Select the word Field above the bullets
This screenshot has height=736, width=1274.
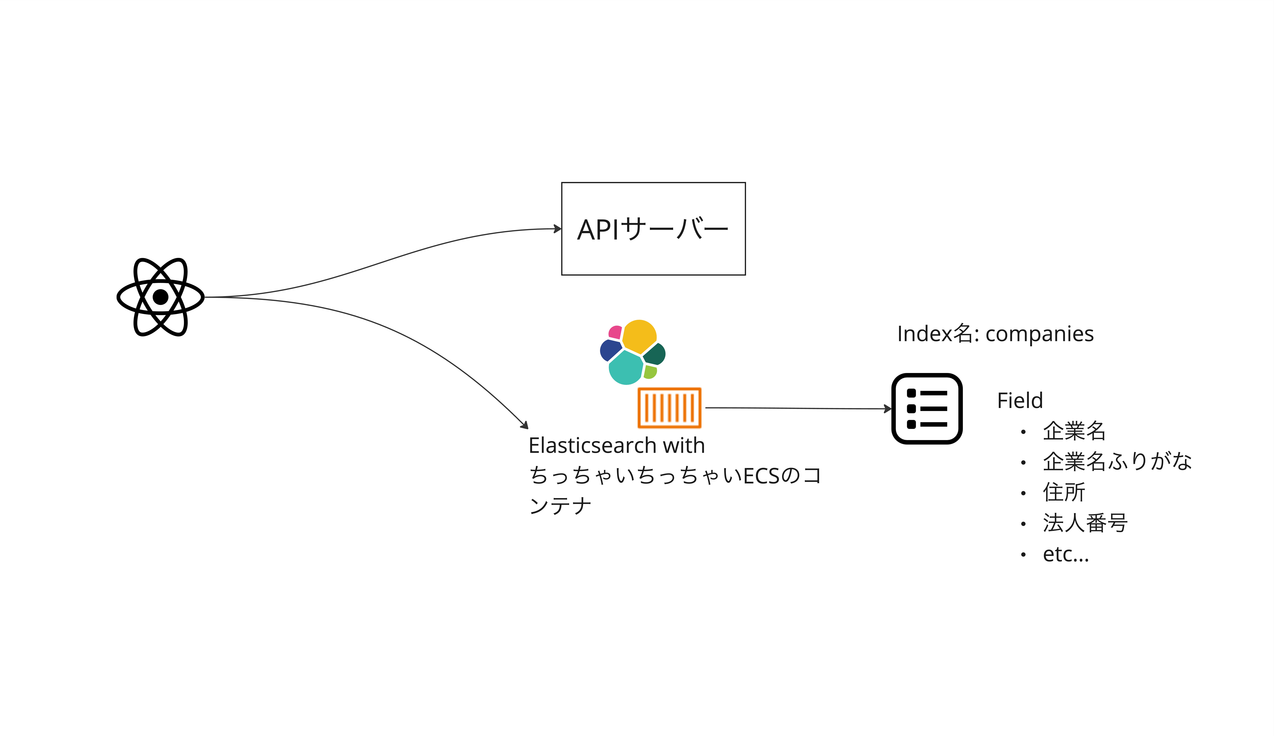[x=1019, y=400]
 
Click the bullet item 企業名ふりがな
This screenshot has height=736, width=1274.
[x=1117, y=461]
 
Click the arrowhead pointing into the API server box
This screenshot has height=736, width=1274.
[x=558, y=229]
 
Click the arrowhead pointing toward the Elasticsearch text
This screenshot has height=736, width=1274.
[x=525, y=426]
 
